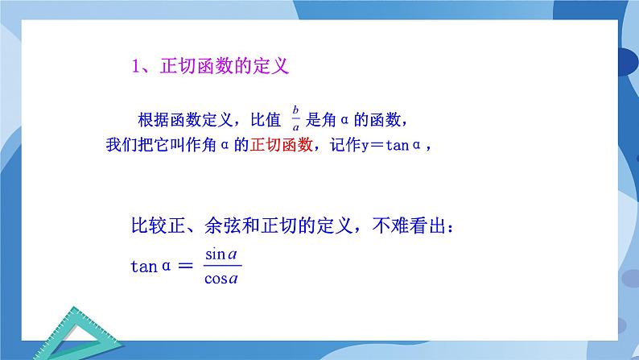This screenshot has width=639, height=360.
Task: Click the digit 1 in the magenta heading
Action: point(136,66)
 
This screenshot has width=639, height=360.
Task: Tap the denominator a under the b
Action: point(296,127)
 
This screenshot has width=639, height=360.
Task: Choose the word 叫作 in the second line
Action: point(190,147)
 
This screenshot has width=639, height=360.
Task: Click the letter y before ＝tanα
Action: point(373,147)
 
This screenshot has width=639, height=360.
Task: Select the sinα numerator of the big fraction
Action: point(223,254)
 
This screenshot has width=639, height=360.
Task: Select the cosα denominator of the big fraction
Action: point(223,279)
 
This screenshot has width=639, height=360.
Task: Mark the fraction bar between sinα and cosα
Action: point(223,267)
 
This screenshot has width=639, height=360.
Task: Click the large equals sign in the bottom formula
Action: point(185,267)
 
